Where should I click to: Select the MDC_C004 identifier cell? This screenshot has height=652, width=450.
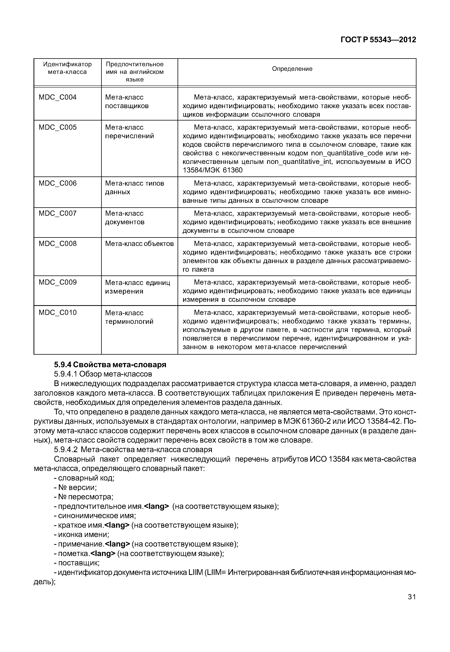pos(58,97)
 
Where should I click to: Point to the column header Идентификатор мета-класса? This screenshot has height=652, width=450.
pos(67,68)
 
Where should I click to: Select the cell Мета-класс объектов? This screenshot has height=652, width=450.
pos(139,243)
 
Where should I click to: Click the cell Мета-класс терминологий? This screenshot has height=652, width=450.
pos(129,317)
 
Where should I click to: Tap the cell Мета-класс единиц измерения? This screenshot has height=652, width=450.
pos(137,287)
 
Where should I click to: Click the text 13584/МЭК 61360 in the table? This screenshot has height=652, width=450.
pos(213,170)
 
